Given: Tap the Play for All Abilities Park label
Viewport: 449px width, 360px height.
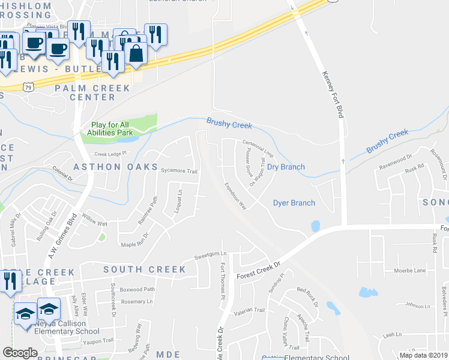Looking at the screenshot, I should coord(109,128).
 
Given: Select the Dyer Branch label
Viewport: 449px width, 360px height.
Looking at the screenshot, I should coord(294,203).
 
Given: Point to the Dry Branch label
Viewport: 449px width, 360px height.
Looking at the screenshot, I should coord(286,167).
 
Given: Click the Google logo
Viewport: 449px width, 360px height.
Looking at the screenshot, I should coord(20,352).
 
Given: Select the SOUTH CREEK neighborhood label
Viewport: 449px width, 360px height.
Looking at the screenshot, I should coord(144,269).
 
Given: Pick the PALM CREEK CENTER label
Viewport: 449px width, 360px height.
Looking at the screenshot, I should coord(92,92).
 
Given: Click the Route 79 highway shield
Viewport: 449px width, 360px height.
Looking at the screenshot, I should coord(28,87).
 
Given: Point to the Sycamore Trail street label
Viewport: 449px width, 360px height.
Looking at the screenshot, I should coord(179,171).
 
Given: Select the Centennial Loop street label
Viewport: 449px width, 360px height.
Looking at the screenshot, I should coord(258,144).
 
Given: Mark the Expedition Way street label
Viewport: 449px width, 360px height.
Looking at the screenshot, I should coord(235,196).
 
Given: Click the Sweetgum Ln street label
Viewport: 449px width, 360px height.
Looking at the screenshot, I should coord(211,256).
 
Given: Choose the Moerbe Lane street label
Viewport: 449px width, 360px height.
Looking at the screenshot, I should coord(409,271).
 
